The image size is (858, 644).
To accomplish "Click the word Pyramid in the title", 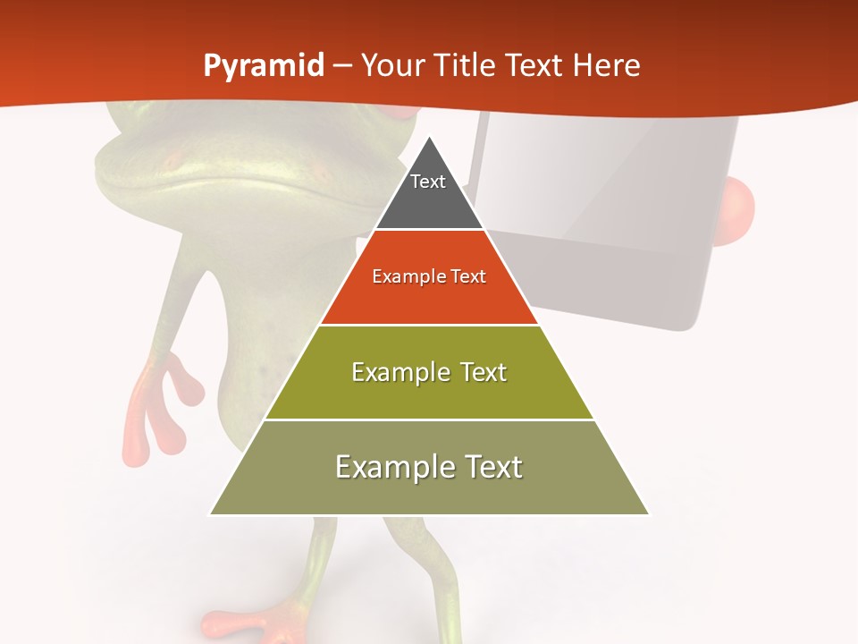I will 264,66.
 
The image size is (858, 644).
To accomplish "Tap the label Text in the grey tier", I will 428,182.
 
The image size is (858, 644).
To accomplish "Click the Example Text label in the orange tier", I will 429,276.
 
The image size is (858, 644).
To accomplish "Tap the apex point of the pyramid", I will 429,137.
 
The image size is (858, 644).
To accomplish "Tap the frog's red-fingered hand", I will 161,407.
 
